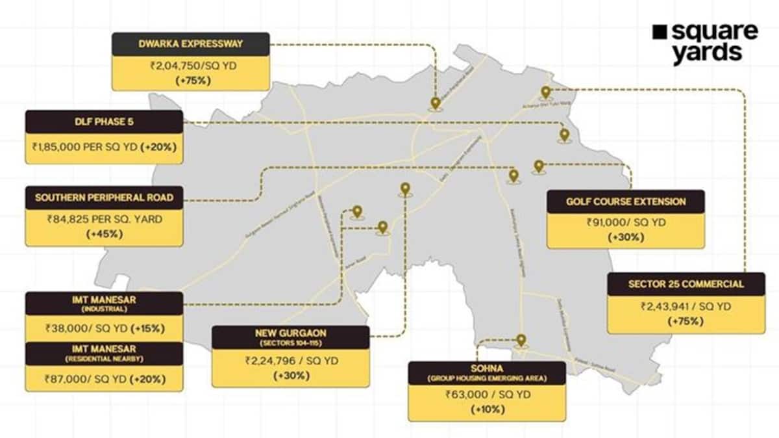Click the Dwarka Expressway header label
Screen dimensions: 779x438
(190, 44)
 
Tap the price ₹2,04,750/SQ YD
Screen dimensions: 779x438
(191, 66)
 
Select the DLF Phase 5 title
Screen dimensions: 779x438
(104, 122)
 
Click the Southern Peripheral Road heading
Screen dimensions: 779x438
(104, 198)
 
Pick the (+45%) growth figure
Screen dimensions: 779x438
(104, 234)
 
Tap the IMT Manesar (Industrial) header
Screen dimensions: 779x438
(104, 303)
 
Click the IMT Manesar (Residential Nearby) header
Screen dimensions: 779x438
(104, 354)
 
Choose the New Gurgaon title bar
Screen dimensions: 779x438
(290, 337)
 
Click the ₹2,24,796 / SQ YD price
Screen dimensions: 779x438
(290, 361)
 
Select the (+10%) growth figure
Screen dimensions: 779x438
(487, 409)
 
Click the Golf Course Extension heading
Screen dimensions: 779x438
(626, 201)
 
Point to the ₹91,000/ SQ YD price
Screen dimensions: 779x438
(626, 222)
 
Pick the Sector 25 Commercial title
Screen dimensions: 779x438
(686, 284)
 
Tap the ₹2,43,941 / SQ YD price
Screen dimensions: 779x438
(686, 306)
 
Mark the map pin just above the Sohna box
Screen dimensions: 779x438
(521, 340)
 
